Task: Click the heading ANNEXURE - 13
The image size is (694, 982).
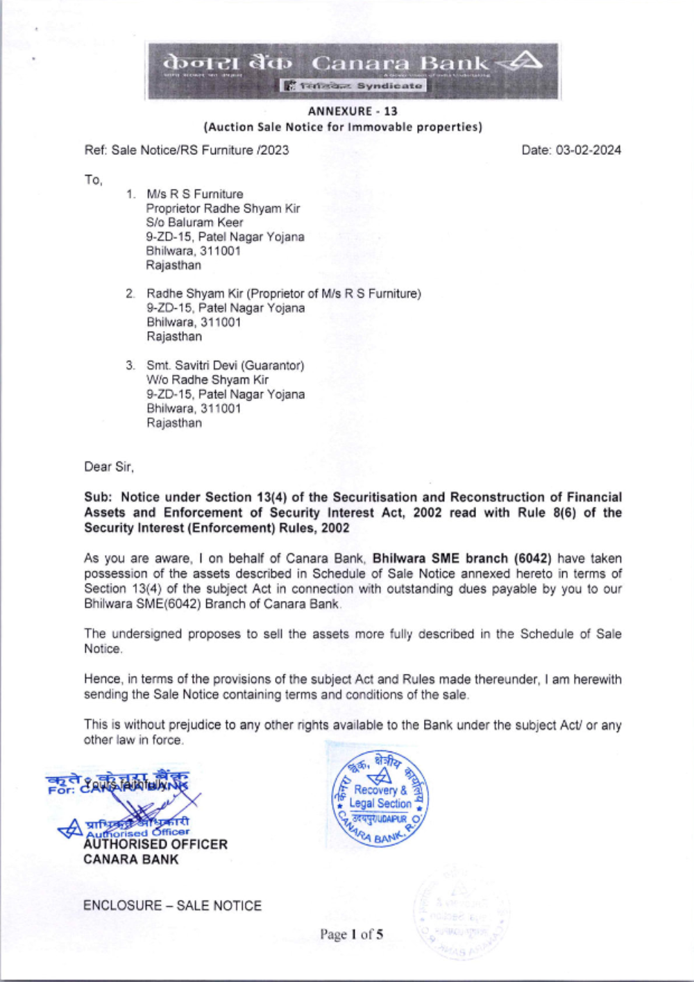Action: [x=353, y=111]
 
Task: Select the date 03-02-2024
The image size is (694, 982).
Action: [x=589, y=150]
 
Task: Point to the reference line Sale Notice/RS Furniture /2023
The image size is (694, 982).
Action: [x=200, y=150]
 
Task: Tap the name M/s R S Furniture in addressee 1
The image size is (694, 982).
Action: [x=194, y=194]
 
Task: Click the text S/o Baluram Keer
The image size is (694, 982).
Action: [x=194, y=223]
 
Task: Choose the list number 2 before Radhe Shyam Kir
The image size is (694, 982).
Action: [x=130, y=294]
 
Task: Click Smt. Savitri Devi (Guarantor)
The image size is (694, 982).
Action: [x=225, y=365]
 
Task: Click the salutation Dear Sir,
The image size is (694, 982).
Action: [x=109, y=466]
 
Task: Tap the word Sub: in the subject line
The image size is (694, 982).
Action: [x=98, y=497]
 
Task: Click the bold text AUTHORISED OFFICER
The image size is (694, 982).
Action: [x=155, y=845]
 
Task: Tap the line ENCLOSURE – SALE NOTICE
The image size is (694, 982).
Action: [x=172, y=906]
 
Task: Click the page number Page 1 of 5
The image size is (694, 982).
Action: [x=351, y=934]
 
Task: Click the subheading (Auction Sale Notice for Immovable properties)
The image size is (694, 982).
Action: [x=343, y=127]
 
